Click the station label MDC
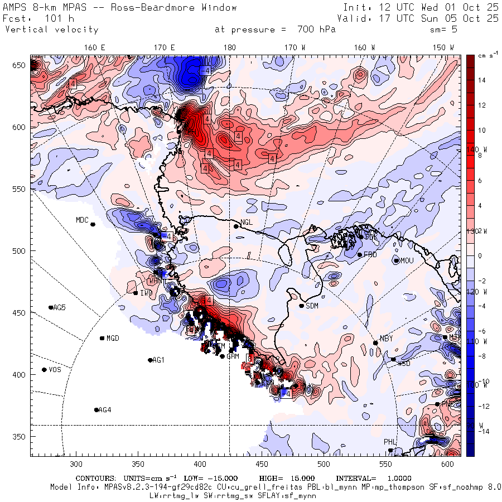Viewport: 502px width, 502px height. pos(82,220)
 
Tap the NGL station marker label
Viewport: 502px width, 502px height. pos(247,222)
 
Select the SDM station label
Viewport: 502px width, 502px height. pos(312,306)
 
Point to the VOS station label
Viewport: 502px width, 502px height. pos(55,370)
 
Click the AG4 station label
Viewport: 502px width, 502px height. pos(104,410)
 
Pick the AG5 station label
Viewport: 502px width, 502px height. pos(59,307)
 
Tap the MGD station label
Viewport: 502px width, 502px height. pos(113,338)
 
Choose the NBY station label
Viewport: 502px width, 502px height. pos(386,339)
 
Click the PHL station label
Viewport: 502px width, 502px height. pos(389,442)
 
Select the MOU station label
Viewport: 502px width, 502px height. pos(407,260)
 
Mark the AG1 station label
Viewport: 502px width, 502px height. pos(159,360)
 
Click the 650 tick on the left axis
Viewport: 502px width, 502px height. pos(20,66)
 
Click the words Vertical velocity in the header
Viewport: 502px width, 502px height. pos(52,30)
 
